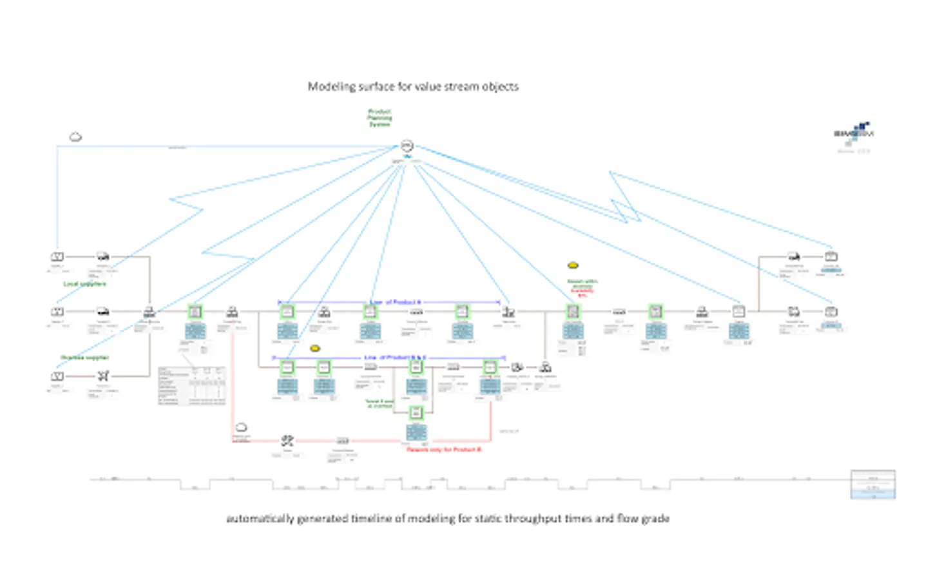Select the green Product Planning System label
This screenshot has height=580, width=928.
(x=380, y=118)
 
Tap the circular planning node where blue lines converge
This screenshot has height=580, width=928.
(x=407, y=146)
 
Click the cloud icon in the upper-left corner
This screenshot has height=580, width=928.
(x=75, y=137)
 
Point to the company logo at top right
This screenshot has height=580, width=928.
(x=854, y=132)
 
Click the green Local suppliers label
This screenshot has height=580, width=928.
(x=84, y=284)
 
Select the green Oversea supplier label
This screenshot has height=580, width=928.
(x=84, y=358)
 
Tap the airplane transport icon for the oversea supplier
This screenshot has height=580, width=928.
(x=103, y=376)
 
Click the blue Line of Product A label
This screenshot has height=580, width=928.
(x=395, y=302)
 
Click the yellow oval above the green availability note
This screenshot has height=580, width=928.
(x=572, y=266)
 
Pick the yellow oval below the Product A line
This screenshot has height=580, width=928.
(x=315, y=349)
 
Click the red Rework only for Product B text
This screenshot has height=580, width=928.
(x=443, y=449)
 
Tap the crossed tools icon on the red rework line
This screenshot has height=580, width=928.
(x=287, y=441)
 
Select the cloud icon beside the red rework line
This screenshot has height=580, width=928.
(x=241, y=427)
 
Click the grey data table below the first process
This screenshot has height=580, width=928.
(x=192, y=385)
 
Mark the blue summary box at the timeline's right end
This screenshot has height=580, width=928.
(x=873, y=485)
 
